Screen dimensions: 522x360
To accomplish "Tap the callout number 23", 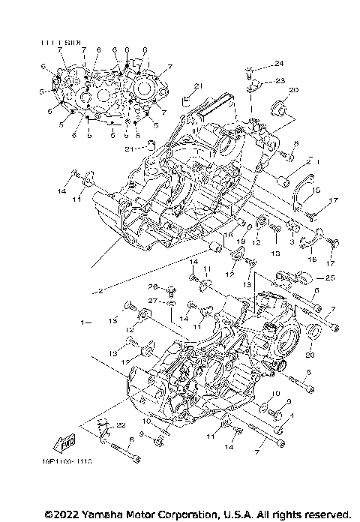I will [x=279, y=80].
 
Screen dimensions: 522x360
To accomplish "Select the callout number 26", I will [x=151, y=286].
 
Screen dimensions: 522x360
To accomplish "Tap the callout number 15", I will [x=316, y=189].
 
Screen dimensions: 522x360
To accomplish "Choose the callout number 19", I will [x=242, y=242].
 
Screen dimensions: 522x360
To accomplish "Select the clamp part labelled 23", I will [x=254, y=85].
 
